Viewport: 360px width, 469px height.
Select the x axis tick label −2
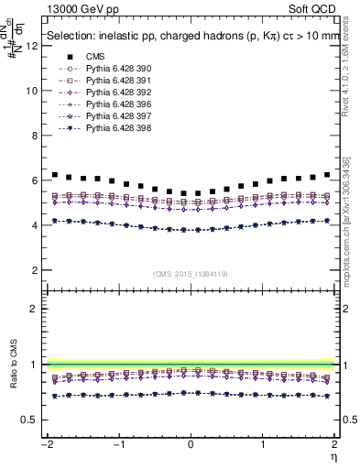44,443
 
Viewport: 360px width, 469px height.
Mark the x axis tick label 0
191,443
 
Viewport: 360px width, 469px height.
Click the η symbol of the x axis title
333,455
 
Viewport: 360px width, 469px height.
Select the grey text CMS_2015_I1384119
190,274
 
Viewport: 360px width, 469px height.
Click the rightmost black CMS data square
327,174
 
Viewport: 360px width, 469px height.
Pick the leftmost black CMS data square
54,174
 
